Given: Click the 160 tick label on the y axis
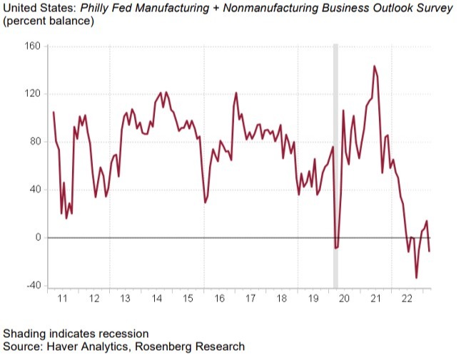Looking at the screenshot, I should (34, 46).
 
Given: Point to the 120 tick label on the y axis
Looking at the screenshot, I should (34, 94).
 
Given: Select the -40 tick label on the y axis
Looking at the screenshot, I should (34, 285).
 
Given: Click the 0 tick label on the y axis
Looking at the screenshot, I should (40, 237).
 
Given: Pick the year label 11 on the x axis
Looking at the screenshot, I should (62, 299).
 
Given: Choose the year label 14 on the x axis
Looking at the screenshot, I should (156, 299).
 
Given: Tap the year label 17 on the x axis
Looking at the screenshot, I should (250, 299).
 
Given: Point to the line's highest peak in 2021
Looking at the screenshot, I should (375, 66).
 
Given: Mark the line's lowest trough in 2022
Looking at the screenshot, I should (416, 278).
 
